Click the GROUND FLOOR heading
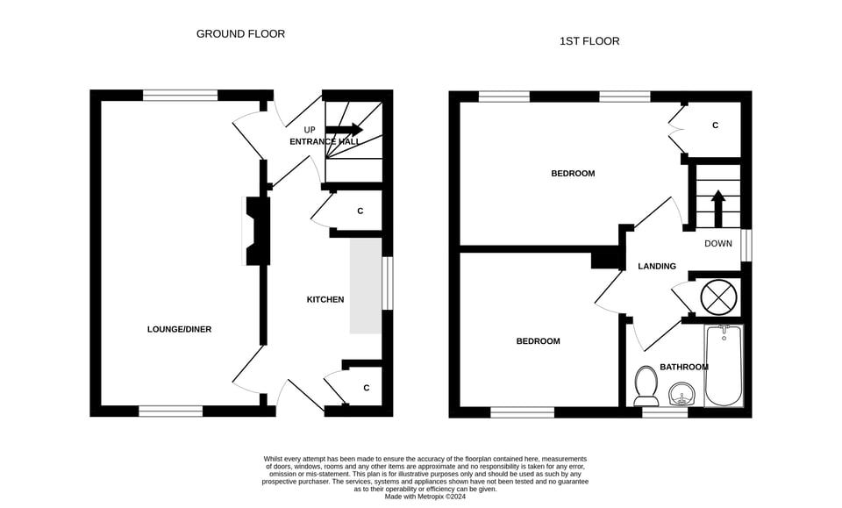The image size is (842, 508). (x=240, y=34)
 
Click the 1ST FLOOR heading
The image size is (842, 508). (x=589, y=41)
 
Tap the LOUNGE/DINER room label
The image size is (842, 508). (x=179, y=329)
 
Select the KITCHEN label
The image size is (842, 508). (x=325, y=299)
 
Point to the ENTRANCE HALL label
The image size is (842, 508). (x=325, y=141)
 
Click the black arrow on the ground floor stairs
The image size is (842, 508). (x=344, y=129)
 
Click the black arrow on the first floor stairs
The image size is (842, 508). (x=717, y=208)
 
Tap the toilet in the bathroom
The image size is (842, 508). (x=646, y=385)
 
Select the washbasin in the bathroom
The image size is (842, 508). (x=681, y=395)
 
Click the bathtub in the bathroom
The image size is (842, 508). (x=724, y=367)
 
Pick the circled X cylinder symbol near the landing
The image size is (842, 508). (x=718, y=296)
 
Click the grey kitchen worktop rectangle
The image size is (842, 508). (x=366, y=285)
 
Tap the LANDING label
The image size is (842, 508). (x=656, y=266)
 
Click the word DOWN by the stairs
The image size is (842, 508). (x=717, y=244)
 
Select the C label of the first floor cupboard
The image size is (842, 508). (x=715, y=125)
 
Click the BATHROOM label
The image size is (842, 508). (x=683, y=367)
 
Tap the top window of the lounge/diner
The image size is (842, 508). (x=180, y=95)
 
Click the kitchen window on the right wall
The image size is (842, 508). (x=388, y=283)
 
